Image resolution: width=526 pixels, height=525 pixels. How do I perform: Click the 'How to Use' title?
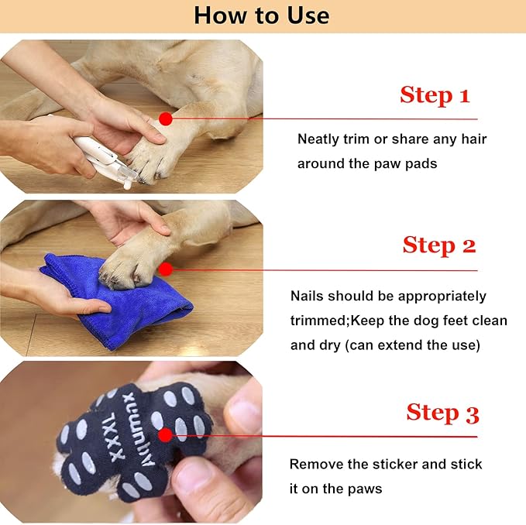[262, 15]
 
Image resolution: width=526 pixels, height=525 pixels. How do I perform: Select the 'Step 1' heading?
[435, 95]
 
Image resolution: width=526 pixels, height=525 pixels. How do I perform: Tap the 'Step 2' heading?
[438, 245]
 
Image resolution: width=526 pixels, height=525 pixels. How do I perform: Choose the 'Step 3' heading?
[442, 413]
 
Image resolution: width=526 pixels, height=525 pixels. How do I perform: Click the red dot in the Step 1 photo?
[165, 118]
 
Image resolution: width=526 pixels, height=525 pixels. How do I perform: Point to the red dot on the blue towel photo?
[165, 269]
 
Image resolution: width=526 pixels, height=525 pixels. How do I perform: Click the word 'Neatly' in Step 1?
[319, 139]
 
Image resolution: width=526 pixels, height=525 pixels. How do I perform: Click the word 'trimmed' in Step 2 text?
[318, 321]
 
